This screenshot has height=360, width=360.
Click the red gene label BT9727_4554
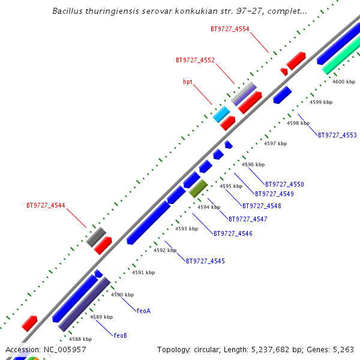click(x=230, y=29)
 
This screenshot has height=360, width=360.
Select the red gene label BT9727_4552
click(x=195, y=60)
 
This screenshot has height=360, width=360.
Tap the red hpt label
click(x=188, y=82)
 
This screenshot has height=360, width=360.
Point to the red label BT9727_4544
click(x=46, y=205)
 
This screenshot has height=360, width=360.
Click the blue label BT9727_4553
click(x=337, y=135)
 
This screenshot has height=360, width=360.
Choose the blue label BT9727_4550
click(x=284, y=184)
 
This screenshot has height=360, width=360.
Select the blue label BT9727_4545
click(x=205, y=261)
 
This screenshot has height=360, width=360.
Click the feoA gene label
click(x=143, y=311)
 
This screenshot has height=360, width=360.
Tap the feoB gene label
click(x=121, y=335)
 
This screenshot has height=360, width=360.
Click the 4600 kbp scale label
click(x=344, y=82)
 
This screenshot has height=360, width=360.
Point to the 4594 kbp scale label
click(x=209, y=207)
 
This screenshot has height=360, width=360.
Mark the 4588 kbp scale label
click(x=80, y=339)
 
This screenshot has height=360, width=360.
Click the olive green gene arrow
click(x=199, y=188)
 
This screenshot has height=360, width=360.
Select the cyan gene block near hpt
click(x=221, y=114)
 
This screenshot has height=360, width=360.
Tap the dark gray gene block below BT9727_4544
click(x=96, y=237)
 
